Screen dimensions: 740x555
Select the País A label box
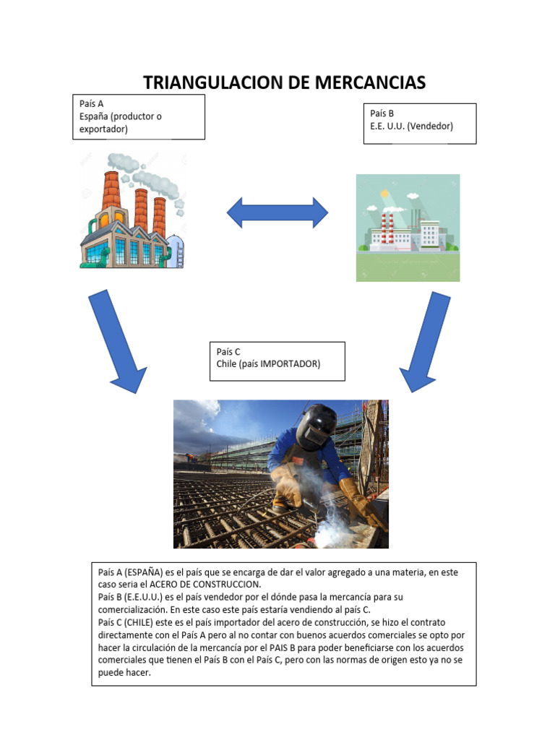(x=138, y=116)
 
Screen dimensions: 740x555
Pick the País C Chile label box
(x=275, y=361)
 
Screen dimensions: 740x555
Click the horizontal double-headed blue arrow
(x=277, y=212)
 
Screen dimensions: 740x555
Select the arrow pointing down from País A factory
(x=116, y=340)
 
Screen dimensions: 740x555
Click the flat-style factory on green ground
(x=408, y=227)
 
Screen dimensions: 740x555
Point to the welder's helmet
(x=317, y=426)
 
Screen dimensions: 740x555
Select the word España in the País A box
(x=95, y=116)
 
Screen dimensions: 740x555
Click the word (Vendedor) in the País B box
(x=429, y=126)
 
